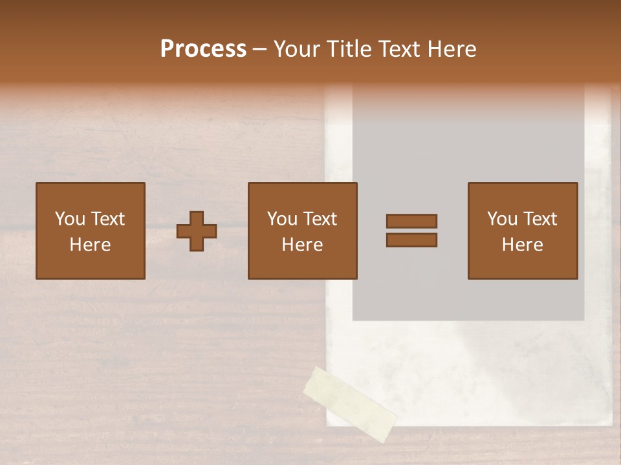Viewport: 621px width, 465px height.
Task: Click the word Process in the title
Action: tap(203, 49)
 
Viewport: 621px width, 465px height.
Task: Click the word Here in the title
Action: tap(452, 49)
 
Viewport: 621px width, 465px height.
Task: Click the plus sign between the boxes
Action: tap(197, 231)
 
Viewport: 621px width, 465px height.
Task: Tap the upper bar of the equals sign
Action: tap(411, 221)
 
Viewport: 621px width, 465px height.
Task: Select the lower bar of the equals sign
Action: tap(411, 240)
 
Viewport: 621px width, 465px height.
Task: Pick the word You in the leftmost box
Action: tap(69, 219)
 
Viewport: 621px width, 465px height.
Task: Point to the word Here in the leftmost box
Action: tap(90, 245)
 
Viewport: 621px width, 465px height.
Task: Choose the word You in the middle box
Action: tap(282, 219)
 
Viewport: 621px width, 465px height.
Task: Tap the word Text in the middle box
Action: tap(320, 219)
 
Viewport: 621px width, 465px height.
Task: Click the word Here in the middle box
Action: tap(302, 245)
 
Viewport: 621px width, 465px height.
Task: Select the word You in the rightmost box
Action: tap(502, 219)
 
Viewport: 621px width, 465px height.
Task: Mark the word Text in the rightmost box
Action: tap(539, 219)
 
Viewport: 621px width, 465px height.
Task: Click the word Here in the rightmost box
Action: tap(522, 245)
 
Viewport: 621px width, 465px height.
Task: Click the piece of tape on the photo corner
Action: tap(350, 404)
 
